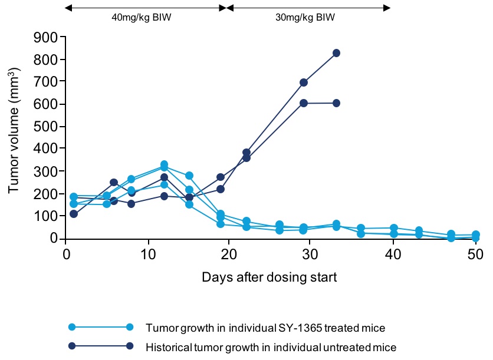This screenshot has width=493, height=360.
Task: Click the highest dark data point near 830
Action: click(x=336, y=53)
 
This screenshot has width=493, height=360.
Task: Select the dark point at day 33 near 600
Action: click(x=336, y=103)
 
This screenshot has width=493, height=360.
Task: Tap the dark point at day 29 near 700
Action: click(x=304, y=82)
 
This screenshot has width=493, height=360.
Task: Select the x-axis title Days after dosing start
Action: click(x=269, y=278)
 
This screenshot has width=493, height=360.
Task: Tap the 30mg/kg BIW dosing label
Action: click(x=305, y=18)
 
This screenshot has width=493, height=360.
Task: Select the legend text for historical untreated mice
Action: click(x=271, y=346)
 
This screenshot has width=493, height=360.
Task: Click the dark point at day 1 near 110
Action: click(x=74, y=214)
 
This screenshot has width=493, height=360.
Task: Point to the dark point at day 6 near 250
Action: click(x=114, y=183)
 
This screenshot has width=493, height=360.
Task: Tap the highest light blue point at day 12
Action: click(x=164, y=164)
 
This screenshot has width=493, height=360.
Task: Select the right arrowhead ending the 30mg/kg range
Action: click(x=387, y=8)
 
